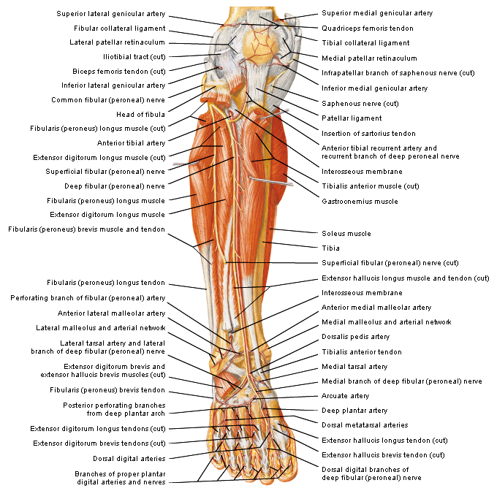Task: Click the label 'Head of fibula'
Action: point(140,114)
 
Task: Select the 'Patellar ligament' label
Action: point(352,118)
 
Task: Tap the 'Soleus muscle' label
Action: point(346,234)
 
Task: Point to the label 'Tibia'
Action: point(330,248)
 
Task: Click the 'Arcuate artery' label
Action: point(346,396)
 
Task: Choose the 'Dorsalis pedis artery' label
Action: point(355,337)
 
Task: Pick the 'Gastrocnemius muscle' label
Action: point(360,201)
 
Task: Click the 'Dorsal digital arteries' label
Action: point(129,458)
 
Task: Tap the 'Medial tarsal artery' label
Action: point(354,366)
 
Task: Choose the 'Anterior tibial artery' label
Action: point(131,142)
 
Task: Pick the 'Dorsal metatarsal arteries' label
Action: point(365,425)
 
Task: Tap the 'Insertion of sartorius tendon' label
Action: point(368,133)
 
